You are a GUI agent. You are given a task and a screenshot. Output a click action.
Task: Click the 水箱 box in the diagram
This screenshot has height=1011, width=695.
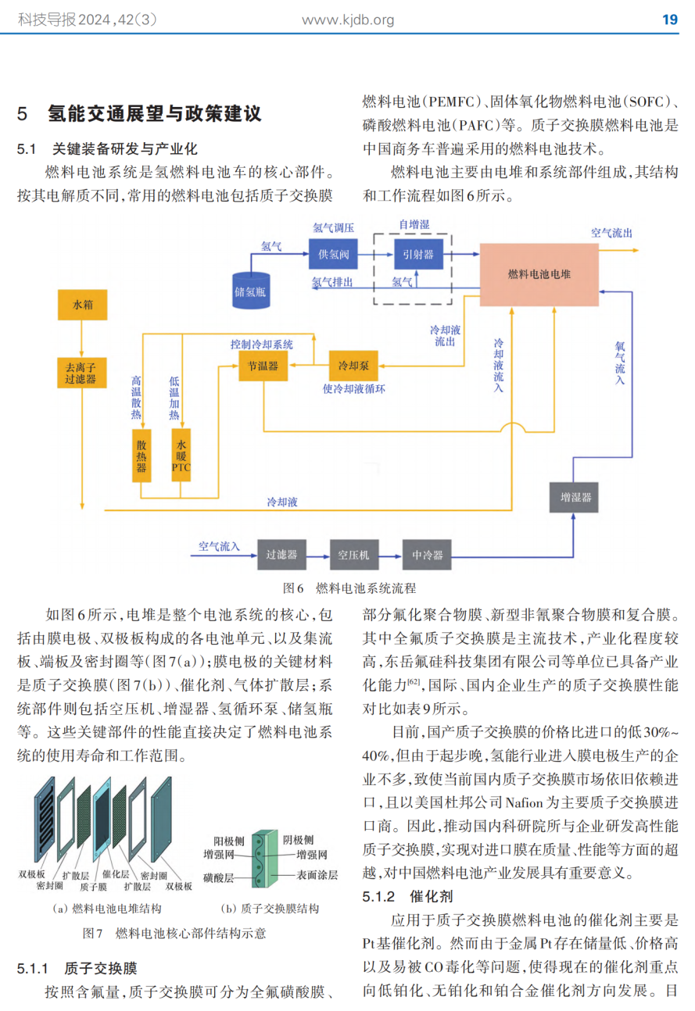82,305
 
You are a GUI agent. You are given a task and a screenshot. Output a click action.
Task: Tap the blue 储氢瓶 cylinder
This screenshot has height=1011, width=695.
251,289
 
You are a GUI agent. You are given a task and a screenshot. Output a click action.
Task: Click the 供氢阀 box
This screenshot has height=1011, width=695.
334,254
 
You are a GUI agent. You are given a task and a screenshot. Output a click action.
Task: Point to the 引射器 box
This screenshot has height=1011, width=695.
418,254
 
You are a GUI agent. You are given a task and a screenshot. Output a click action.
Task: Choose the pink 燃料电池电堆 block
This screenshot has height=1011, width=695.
539,274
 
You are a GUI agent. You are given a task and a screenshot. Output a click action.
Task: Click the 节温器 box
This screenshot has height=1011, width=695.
263,365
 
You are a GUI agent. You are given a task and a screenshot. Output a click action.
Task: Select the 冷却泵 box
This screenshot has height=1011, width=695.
353,365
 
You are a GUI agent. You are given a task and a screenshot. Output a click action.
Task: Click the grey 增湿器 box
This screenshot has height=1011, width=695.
575,497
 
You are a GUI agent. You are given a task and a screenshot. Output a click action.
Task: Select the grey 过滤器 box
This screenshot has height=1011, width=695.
281,555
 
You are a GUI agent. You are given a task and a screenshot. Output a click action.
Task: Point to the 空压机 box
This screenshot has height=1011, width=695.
353,555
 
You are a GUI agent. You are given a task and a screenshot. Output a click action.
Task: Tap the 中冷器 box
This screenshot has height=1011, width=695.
427,555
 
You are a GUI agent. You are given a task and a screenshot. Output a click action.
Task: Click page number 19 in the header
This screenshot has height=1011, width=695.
670,20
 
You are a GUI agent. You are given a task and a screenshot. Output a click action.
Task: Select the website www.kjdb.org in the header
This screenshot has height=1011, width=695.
348,20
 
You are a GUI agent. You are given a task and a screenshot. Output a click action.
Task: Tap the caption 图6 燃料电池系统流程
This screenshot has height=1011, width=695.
349,588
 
